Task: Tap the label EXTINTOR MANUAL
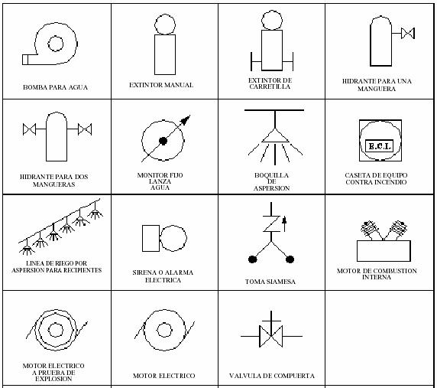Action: pyautogui.click(x=161, y=85)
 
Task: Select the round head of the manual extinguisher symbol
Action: pyautogui.click(x=165, y=24)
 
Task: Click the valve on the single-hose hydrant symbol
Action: pyautogui.click(x=408, y=33)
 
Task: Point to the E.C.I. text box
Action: pyautogui.click(x=379, y=145)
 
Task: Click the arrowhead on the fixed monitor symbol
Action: pyautogui.click(x=186, y=119)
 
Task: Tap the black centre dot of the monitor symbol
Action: pyautogui.click(x=163, y=141)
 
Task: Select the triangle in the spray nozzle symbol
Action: pyautogui.click(x=275, y=135)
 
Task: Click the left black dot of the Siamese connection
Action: pyautogui.click(x=253, y=259)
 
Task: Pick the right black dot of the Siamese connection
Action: pyautogui.click(x=290, y=259)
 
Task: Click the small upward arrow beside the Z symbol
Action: pyautogui.click(x=284, y=224)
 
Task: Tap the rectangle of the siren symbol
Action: pyautogui.click(x=151, y=238)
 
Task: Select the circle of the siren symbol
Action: pyautogui.click(x=173, y=238)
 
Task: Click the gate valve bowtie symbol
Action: pyautogui.click(x=271, y=336)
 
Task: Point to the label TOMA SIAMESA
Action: pyautogui.click(x=270, y=282)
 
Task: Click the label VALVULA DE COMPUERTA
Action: pyautogui.click(x=272, y=376)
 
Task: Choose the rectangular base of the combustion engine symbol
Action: pyautogui.click(x=384, y=251)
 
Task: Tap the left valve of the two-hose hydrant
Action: pyautogui.click(x=29, y=129)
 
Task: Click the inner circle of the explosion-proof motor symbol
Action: pyautogui.click(x=56, y=330)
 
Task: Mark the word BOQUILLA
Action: pyautogui.click(x=271, y=175)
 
